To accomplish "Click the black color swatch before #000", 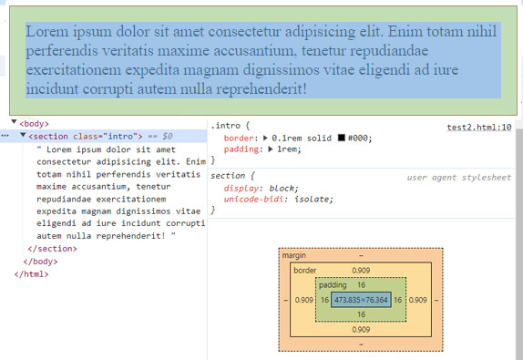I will [339, 138].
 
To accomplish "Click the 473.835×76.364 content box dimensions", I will [361, 300].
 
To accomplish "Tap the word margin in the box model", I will [294, 256].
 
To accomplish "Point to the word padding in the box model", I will [332, 285].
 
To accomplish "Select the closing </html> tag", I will [31, 273].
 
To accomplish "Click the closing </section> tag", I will [53, 248].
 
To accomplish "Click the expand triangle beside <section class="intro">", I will [23, 136].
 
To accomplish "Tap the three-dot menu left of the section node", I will [5, 136].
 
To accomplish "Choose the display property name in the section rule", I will [240, 188].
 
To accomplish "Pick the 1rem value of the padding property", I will [288, 149].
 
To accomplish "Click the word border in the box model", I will [305, 271].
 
